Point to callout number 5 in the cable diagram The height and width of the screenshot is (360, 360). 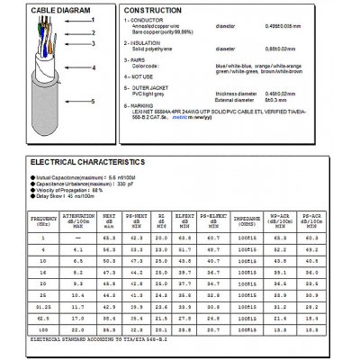(x=94, y=102)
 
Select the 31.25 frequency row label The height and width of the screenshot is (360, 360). (x=19, y=308)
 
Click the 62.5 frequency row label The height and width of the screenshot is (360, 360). (x=19, y=319)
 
